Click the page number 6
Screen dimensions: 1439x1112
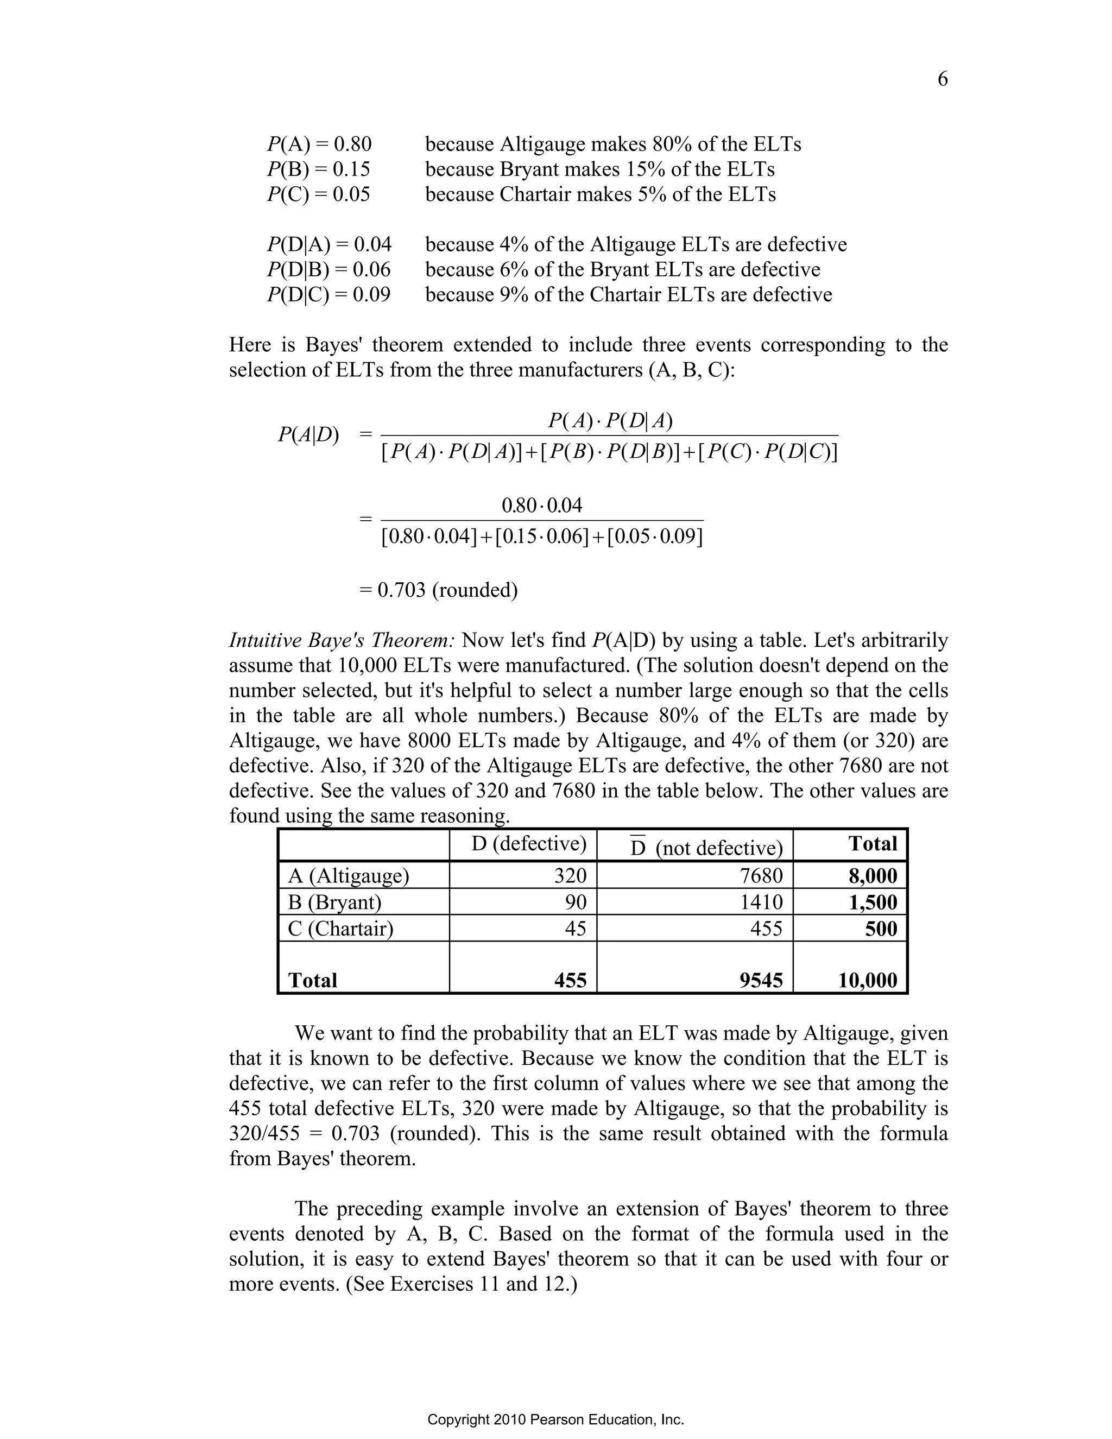tap(942, 80)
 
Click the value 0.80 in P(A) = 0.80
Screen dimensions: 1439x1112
tap(352, 144)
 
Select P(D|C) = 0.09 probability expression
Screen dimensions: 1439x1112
tap(328, 294)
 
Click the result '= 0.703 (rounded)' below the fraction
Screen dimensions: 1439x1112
tap(439, 590)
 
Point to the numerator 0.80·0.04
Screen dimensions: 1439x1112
tap(541, 506)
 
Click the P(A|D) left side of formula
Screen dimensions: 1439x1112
tap(308, 434)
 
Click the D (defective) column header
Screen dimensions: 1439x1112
tap(528, 844)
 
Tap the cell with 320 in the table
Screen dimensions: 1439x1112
tap(570, 876)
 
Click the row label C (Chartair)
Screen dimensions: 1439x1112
tap(340, 929)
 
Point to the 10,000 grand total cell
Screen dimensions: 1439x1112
tap(867, 980)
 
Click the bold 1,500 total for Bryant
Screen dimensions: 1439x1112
tap(872, 902)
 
